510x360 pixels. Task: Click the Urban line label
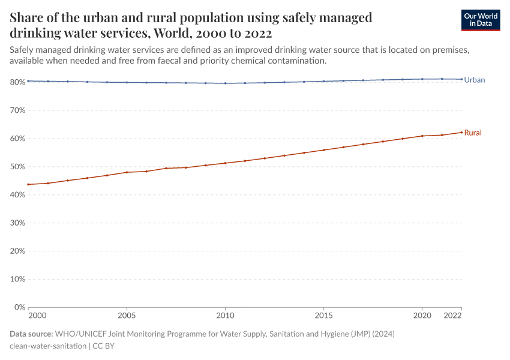474,80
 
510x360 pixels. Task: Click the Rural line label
473,133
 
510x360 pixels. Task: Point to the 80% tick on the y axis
17,82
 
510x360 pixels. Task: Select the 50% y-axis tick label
17,167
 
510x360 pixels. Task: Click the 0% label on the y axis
19,307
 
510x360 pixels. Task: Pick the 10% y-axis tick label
17,279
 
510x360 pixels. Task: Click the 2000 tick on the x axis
37,316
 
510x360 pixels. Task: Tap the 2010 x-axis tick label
225,316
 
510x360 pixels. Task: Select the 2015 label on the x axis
323,316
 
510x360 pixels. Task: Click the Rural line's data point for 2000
28,184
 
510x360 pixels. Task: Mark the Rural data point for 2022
461,132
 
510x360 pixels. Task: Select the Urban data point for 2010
225,83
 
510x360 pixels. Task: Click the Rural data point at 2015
323,150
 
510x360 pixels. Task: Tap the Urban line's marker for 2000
28,81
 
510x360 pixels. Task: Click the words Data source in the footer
31,334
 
